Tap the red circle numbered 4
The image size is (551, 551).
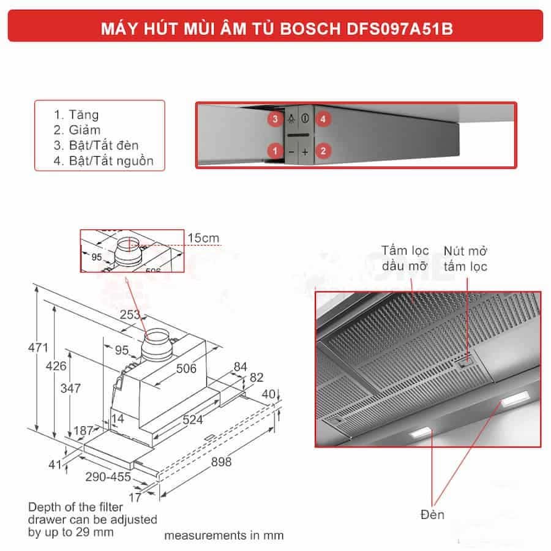(323, 118)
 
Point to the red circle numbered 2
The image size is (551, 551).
(323, 150)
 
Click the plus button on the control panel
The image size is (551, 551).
(305, 151)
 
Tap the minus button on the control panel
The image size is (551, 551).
(291, 151)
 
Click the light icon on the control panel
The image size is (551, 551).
(292, 118)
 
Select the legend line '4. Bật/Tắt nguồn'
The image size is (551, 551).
(103, 162)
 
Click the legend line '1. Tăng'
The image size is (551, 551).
(76, 115)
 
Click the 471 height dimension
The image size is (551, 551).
(38, 348)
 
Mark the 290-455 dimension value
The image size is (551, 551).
(109, 476)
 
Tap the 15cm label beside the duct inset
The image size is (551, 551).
(203, 238)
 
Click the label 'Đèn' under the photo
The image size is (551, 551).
(433, 514)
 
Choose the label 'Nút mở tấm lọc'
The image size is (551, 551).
(466, 258)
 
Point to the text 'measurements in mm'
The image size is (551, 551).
(223, 535)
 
